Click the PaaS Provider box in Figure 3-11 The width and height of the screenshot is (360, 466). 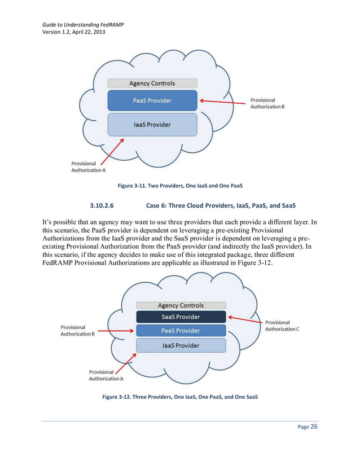click(152, 101)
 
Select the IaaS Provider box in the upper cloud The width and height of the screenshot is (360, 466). click(152, 124)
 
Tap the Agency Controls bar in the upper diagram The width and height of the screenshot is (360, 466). click(152, 83)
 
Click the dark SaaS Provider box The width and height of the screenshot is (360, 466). click(181, 316)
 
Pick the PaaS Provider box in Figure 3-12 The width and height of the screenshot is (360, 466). click(181, 331)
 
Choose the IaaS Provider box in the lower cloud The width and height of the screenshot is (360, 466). click(181, 345)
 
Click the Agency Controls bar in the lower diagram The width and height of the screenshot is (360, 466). click(181, 305)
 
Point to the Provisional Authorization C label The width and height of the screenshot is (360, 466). click(282, 326)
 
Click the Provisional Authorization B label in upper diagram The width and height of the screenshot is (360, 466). click(267, 103)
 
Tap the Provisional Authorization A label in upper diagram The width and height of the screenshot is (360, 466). click(88, 166)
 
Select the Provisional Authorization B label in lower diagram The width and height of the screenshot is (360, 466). click(77, 331)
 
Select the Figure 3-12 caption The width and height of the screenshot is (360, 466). click(180, 397)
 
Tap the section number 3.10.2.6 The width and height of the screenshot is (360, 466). click(100, 204)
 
